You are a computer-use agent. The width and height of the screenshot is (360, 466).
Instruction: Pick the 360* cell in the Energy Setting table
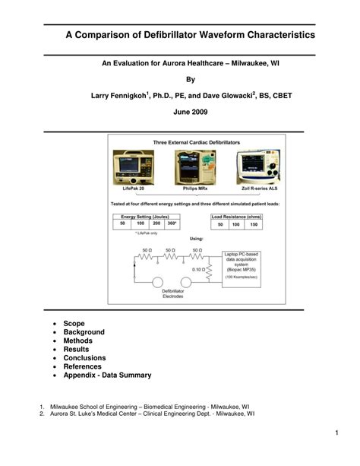pyautogui.click(x=172, y=224)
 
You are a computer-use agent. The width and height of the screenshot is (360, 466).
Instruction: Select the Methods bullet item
pyautogui.click(x=79, y=341)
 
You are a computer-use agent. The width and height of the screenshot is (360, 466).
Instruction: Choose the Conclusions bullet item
pyautogui.click(x=84, y=358)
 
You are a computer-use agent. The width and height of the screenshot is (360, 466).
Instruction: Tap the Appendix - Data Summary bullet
pyautogui.click(x=107, y=375)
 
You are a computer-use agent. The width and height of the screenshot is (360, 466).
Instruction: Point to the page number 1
pyautogui.click(x=335, y=433)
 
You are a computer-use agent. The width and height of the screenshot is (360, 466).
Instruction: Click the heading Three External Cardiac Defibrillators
pyautogui.click(x=197, y=143)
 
